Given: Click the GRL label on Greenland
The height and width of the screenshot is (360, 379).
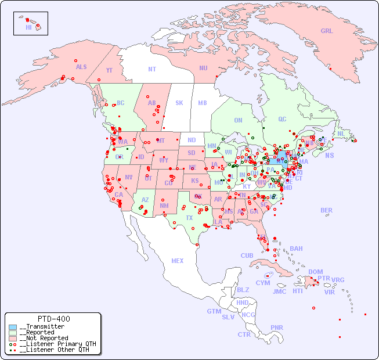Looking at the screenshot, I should coord(327,31).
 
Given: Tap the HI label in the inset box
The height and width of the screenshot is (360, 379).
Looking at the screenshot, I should coord(28,27).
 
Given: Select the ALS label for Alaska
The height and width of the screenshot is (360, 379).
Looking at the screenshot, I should coord(81,67).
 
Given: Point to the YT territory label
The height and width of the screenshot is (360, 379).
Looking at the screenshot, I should coord(109,70).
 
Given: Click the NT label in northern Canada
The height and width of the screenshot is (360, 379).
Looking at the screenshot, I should coord(151,69).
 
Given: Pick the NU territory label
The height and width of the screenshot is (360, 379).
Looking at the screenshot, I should coord(203,68).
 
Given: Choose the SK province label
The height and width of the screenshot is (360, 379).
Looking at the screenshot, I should coord(179,103).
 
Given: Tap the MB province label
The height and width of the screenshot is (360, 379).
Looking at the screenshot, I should coord(202,103).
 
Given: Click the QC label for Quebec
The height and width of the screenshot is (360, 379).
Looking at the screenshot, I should coord(282,119).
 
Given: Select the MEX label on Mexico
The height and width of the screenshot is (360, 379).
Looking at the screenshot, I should coord(177,261).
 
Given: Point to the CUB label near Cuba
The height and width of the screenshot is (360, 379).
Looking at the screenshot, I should coord(247,255).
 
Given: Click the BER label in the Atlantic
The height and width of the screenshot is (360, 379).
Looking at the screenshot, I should coord(326,210).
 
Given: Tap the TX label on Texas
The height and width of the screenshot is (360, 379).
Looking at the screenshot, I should coord(189,218).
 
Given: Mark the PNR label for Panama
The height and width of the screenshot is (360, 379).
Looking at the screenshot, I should coord(277,327).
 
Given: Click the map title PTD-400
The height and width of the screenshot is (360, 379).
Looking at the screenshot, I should coord(53,319).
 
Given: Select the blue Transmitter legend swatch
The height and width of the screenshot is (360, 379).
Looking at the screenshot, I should coord(13,327).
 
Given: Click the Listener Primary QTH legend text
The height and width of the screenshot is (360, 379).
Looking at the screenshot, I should coord(57,344).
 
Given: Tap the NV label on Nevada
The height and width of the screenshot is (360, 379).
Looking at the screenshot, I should coord(128,177).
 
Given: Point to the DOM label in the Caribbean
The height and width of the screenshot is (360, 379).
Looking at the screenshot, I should coord(315,272).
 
